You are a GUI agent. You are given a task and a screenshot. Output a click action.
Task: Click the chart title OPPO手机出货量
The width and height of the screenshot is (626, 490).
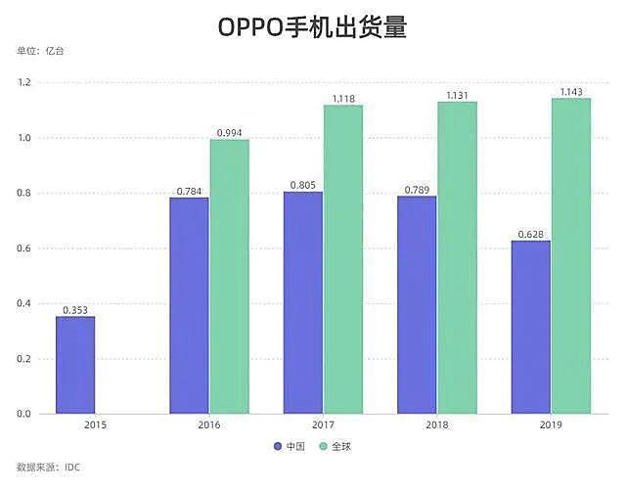pyautogui.click(x=312, y=27)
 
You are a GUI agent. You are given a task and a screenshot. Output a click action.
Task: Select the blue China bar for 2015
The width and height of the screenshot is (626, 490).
pyautogui.click(x=75, y=365)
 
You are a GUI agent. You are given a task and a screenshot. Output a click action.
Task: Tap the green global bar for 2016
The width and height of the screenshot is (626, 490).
pyautogui.click(x=229, y=277)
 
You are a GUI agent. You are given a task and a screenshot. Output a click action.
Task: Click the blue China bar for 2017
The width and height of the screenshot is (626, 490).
pyautogui.click(x=303, y=302)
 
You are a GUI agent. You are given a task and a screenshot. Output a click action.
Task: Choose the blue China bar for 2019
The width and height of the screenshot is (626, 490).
pyautogui.click(x=531, y=327)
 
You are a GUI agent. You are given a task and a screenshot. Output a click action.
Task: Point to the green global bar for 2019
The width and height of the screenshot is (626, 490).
pyautogui.click(x=571, y=256)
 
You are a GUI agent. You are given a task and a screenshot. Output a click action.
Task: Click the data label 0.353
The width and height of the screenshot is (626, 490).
pyautogui.click(x=75, y=310)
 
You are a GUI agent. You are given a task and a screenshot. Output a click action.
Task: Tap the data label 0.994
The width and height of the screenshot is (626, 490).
pyautogui.click(x=229, y=132)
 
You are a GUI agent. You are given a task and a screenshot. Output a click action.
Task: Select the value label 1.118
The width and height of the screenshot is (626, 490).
pyautogui.click(x=342, y=99)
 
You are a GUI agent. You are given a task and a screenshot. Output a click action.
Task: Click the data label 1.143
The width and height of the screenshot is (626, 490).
pyautogui.click(x=571, y=92)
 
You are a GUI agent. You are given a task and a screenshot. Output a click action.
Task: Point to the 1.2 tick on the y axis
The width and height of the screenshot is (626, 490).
pyautogui.click(x=23, y=83)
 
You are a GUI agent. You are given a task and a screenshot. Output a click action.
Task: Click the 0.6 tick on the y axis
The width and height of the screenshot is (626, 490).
pyautogui.click(x=23, y=248)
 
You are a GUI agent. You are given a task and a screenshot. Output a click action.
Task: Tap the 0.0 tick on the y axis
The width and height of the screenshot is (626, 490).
pyautogui.click(x=23, y=414)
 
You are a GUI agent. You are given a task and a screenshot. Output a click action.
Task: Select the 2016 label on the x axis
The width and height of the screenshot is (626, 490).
pyautogui.click(x=208, y=426)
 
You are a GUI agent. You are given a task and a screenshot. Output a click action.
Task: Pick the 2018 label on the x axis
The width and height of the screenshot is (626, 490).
pyautogui.click(x=436, y=426)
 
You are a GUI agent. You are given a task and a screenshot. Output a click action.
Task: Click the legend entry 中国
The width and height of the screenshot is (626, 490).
pyautogui.click(x=289, y=446)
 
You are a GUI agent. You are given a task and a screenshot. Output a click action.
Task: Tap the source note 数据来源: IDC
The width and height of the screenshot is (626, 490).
pyautogui.click(x=49, y=468)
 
